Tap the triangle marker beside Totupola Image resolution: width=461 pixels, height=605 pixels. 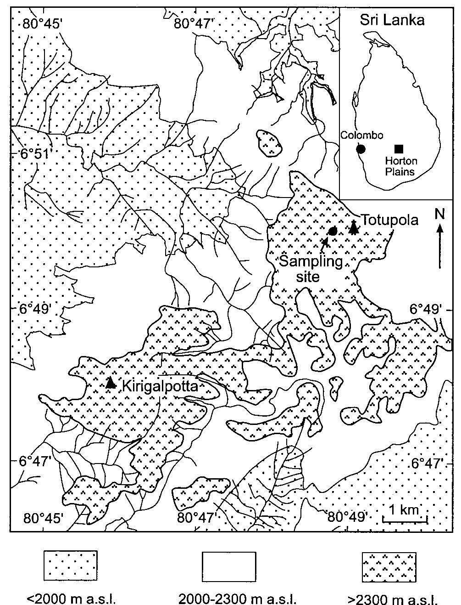[x=353, y=228]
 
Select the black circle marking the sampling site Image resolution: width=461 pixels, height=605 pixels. [x=333, y=231]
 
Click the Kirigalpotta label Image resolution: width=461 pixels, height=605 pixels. [x=160, y=386]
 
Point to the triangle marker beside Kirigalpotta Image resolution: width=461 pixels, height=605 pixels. [x=110, y=383]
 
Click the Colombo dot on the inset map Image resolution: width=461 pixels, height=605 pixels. [x=361, y=148]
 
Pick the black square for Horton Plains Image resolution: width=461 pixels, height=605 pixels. [x=399, y=148]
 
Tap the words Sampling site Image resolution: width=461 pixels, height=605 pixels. [x=311, y=269]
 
